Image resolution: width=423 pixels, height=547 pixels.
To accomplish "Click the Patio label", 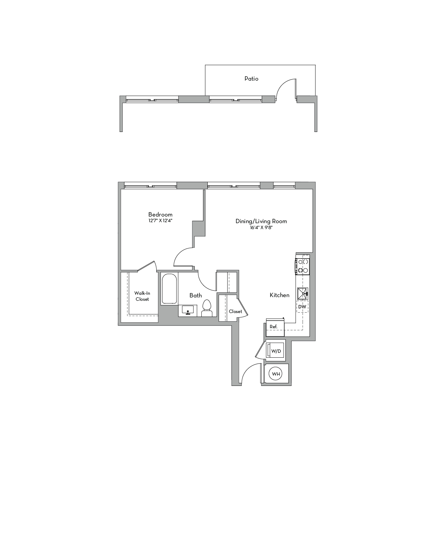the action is pos(251,79).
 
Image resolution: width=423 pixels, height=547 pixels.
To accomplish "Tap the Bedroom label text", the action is pos(160,214).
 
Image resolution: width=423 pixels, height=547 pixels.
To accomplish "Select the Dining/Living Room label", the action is pos(261,221).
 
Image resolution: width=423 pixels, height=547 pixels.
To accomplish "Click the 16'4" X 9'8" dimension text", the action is pos(261,227).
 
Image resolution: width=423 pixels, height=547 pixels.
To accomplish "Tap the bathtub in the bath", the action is pos(169,288).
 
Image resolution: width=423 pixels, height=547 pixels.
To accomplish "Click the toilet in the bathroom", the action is pos(207,308).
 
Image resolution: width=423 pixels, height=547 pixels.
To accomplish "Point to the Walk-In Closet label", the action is pos(142,296).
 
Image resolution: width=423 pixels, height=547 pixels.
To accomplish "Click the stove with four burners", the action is pos(302,266).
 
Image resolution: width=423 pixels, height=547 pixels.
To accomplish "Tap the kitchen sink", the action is pos(303,293).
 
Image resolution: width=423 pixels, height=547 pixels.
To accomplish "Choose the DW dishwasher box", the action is pos(302,307).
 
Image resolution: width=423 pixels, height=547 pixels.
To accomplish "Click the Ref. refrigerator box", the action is pos(275,327).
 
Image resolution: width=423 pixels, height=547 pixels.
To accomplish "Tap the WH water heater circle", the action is pos(276,374).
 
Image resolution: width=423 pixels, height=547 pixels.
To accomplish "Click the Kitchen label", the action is pos(279,295).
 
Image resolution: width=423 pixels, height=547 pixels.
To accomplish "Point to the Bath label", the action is pos(195,295).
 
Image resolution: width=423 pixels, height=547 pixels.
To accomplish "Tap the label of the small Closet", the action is pos(235,311).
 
